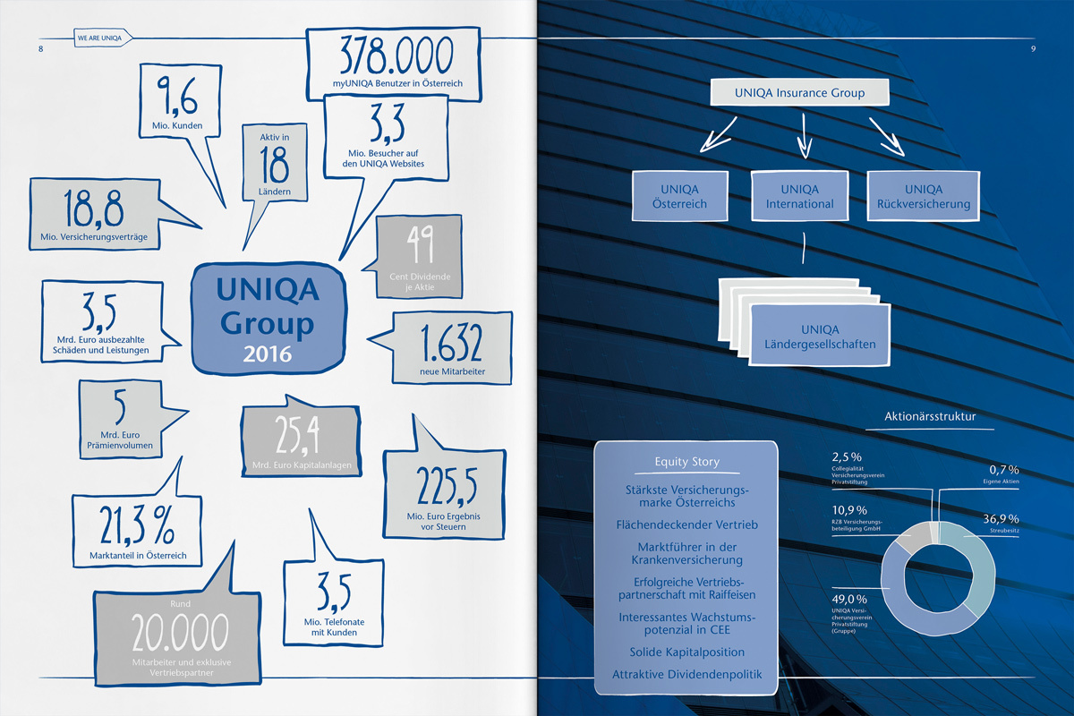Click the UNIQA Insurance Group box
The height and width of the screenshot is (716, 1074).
799,93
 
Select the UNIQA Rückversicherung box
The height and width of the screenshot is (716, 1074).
924,197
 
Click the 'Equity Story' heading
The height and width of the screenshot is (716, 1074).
686,462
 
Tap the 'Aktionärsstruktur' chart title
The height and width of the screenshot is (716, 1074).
929,416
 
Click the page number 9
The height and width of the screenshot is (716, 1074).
1033,48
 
